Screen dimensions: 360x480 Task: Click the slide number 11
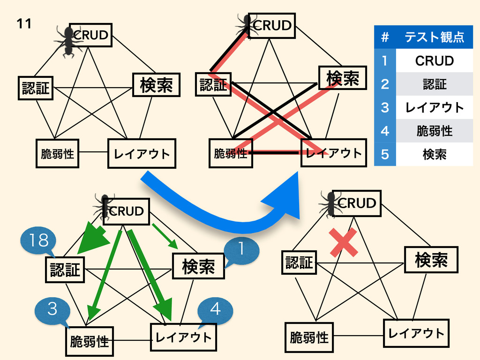[24, 23]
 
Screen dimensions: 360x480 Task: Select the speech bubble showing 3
[52, 309]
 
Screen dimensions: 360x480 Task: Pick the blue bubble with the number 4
[215, 309]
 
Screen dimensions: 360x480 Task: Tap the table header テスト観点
[434, 37]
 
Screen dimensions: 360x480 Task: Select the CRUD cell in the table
[434, 61]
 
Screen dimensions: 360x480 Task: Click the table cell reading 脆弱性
[434, 131]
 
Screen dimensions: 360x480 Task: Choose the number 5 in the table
[385, 154]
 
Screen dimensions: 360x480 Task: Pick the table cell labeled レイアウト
[434, 107]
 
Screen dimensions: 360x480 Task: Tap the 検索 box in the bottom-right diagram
[431, 260]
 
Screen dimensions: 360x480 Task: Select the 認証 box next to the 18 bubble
[65, 270]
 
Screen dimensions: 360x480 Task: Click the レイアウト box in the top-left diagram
[142, 153]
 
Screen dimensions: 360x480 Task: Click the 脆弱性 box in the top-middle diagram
[230, 153]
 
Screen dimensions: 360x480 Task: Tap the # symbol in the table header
[385, 37]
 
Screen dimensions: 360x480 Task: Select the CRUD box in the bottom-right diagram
[356, 203]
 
